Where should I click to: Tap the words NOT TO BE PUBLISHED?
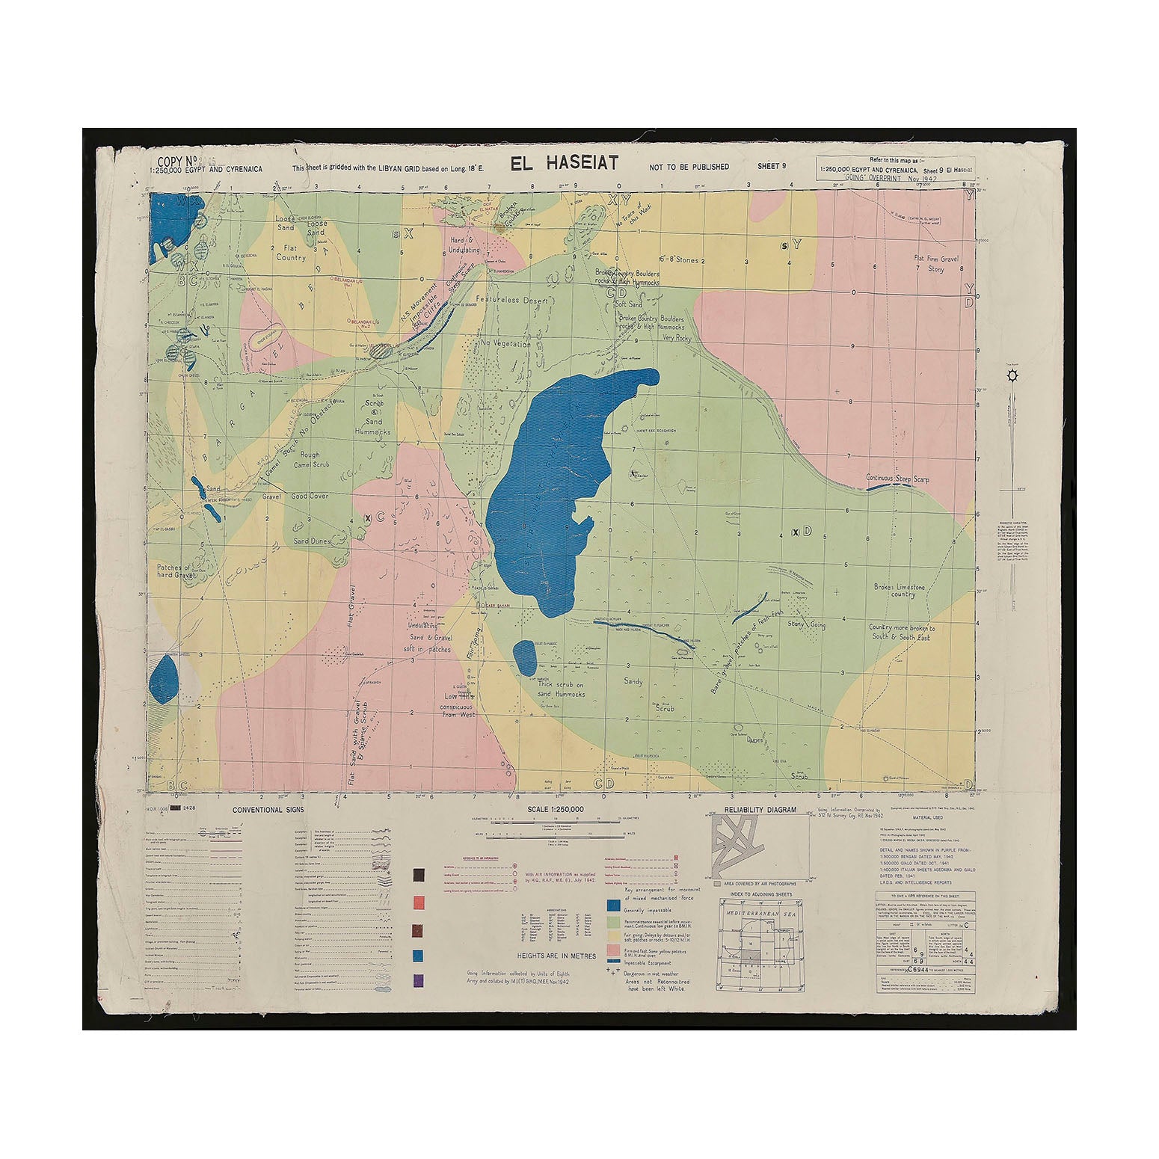point(689,167)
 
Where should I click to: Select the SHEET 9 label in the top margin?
point(772,166)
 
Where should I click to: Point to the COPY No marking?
point(176,161)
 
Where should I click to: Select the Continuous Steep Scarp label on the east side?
point(897,477)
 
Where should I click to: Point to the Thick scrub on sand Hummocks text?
point(555,689)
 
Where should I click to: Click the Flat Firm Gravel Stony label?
point(935,263)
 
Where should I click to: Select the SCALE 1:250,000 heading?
point(556,810)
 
